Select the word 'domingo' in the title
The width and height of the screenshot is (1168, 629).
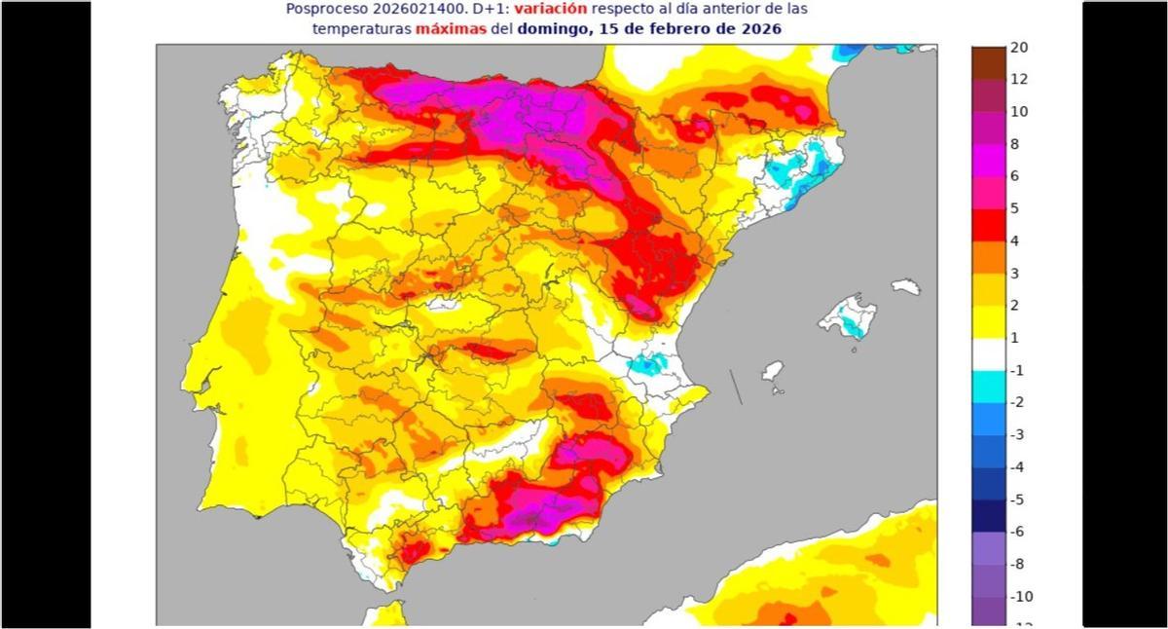coord(551,29)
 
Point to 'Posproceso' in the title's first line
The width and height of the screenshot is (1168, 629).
coord(325,9)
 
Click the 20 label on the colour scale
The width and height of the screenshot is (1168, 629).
coord(1019,48)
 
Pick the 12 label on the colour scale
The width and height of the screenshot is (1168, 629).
coord(1019,80)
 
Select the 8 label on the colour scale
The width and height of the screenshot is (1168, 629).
coord(1015,144)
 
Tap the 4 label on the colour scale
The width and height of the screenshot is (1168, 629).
coord(1015,240)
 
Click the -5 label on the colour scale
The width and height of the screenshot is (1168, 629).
coord(1017,499)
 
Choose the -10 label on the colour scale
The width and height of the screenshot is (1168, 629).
coord(1020,596)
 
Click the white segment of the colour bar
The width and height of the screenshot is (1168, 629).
coord(988,353)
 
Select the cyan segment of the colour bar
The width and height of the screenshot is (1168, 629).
coord(988,386)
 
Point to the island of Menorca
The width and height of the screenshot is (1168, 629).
coord(906,286)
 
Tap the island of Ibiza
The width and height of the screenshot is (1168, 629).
coord(772,372)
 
